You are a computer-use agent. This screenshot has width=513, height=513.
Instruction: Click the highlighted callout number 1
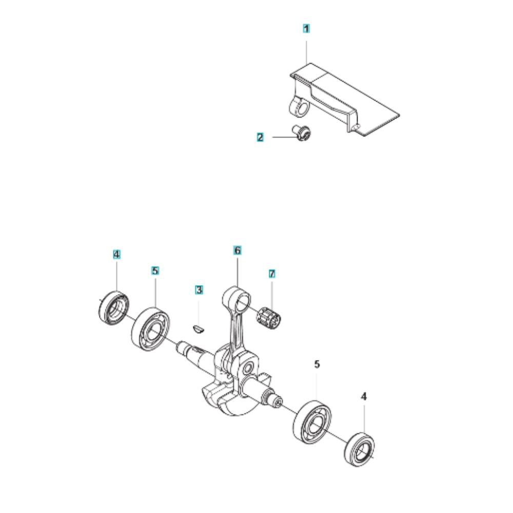coord(306,29)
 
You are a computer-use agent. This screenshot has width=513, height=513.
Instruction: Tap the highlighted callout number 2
coord(260,137)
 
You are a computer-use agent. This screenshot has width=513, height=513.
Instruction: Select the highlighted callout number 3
coord(199,290)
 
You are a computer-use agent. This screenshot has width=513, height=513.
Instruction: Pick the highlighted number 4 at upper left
coord(117,254)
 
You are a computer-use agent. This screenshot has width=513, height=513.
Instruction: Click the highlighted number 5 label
coord(155,271)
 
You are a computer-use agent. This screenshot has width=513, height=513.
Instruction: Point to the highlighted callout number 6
coord(238,251)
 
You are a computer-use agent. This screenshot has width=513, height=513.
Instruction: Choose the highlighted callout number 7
coord(272,273)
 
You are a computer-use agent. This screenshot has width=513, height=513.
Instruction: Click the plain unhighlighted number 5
coord(317,364)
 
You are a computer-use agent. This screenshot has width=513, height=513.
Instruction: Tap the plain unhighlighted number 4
coord(364,397)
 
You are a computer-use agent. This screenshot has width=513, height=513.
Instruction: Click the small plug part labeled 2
coord(301,133)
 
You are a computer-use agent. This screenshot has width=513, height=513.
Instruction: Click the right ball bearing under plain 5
coord(312,422)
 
